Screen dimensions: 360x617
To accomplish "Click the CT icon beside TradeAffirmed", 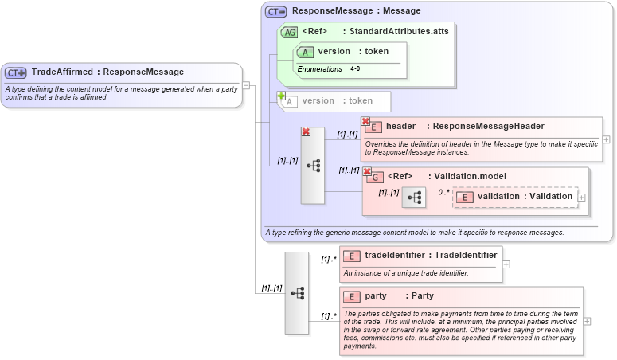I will coord(16,72).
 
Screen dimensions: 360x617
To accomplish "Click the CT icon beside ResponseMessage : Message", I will coord(276,11).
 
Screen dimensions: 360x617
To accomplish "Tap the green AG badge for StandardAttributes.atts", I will coord(290,33).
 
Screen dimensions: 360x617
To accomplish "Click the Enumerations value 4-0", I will coord(355,69).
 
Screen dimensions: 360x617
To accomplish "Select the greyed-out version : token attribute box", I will coord(334,101).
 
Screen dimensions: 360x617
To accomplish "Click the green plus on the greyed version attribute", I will coord(281,96).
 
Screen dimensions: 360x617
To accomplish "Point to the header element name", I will coord(400,126).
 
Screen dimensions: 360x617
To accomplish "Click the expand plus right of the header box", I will coord(607,139).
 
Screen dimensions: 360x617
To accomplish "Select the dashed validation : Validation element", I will coord(515,197).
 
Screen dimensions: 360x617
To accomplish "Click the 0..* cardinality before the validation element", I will coord(443,192).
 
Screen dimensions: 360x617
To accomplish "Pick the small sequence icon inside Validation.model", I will coord(414,197).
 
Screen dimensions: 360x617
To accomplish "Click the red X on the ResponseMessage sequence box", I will coord(306,132).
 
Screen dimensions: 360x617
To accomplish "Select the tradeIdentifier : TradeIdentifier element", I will coord(420,255).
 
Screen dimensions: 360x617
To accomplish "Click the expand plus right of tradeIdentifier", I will coord(506,264).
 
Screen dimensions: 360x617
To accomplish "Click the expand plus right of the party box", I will coord(588,321).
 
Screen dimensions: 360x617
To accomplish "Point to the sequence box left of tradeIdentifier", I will coord(297,292).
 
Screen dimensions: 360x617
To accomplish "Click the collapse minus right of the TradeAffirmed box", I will coord(246,84).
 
